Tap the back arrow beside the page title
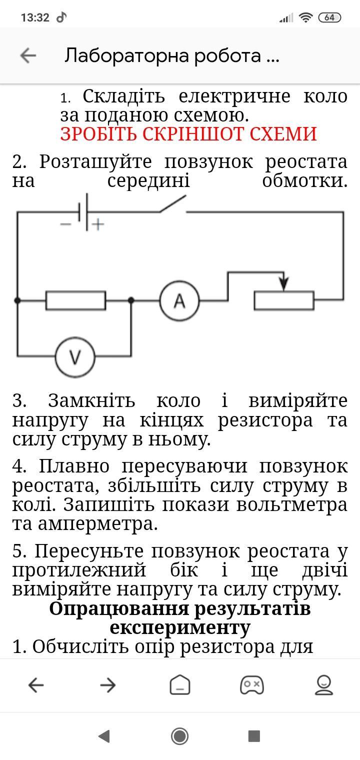click(x=28, y=55)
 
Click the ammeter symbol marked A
click(x=179, y=300)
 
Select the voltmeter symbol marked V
click(x=75, y=357)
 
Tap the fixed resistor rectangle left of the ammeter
click(x=75, y=300)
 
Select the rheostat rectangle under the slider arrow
click(x=284, y=300)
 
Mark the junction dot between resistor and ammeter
click(x=131, y=300)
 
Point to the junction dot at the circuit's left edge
click(x=17, y=300)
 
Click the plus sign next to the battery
click(x=98, y=224)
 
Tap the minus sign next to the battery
click(x=65, y=224)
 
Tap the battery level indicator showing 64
click(x=329, y=17)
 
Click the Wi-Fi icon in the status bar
click(x=305, y=17)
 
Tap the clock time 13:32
click(x=35, y=17)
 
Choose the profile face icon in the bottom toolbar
click(x=324, y=685)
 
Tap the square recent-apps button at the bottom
click(x=254, y=735)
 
